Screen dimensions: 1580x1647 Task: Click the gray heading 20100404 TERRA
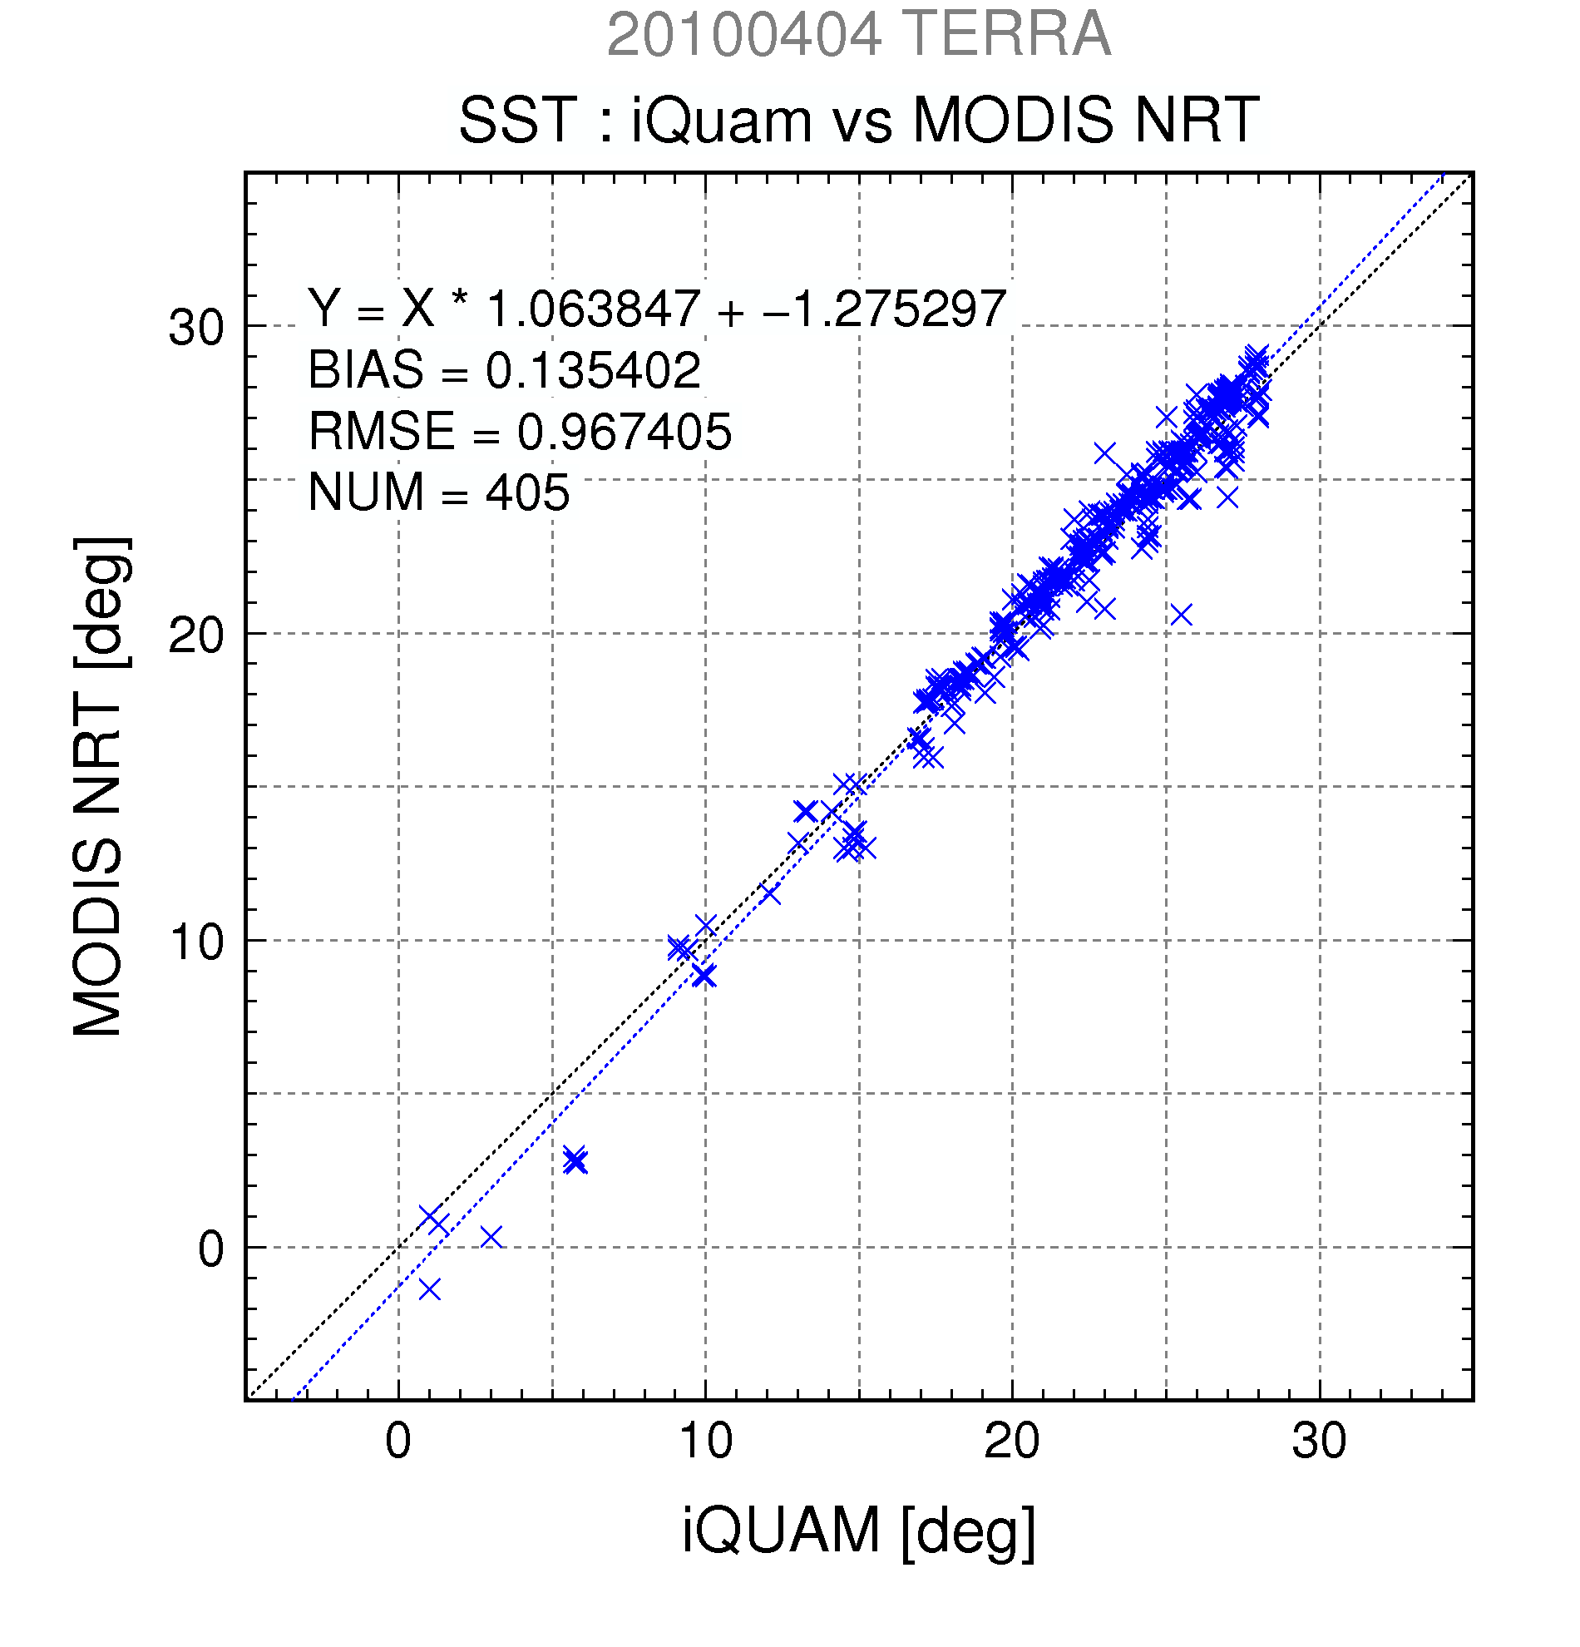pyautogui.click(x=858, y=35)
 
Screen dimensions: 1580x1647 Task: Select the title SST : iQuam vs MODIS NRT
pyautogui.click(x=858, y=120)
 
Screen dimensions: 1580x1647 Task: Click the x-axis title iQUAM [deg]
pyautogui.click(x=858, y=1529)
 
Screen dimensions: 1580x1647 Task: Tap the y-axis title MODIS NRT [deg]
pyautogui.click(x=99, y=787)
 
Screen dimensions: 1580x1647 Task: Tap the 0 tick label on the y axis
pyautogui.click(x=211, y=1249)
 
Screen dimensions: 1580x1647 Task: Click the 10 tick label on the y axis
pyautogui.click(x=197, y=942)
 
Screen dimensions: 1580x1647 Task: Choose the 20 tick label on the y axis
pyautogui.click(x=197, y=636)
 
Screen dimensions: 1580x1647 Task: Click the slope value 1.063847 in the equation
pyautogui.click(x=593, y=309)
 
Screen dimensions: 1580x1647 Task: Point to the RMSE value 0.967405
pyautogui.click(x=625, y=431)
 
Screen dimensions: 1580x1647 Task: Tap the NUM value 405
pyautogui.click(x=527, y=492)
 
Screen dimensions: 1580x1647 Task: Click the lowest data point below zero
pyautogui.click(x=429, y=1288)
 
